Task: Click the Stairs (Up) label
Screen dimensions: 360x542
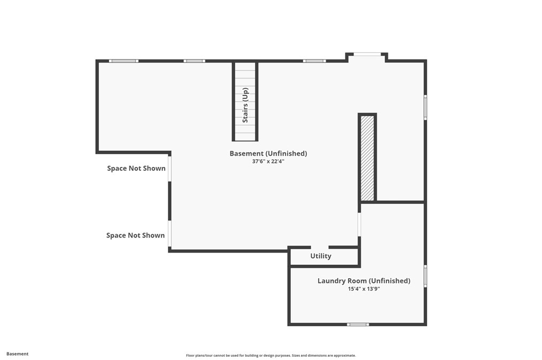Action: click(245, 105)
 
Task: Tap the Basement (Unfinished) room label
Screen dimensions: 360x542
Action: click(268, 154)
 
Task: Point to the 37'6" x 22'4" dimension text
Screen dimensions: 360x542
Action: click(268, 161)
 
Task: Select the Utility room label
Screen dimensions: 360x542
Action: click(321, 256)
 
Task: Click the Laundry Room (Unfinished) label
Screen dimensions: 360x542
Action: click(364, 281)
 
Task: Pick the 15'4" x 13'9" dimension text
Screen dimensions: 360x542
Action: click(364, 289)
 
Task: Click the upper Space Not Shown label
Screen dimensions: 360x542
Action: click(136, 168)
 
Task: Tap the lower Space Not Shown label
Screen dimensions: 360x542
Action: click(136, 235)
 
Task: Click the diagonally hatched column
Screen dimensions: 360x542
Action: click(367, 158)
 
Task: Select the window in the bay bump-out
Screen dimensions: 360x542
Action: click(367, 53)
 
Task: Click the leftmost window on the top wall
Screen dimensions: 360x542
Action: click(123, 61)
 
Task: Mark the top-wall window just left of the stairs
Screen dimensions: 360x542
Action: click(195, 61)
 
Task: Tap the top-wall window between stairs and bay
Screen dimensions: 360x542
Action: click(314, 61)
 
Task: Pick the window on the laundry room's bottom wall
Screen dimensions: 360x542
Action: click(358, 324)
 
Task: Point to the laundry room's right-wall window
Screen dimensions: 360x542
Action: click(425, 276)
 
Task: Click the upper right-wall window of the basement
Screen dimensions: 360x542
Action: click(425, 106)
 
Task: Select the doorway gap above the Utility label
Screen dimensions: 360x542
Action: click(320, 247)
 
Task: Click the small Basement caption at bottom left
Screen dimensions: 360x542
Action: click(18, 354)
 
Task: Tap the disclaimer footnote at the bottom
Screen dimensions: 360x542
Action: click(270, 355)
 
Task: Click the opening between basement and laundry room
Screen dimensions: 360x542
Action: click(360, 224)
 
